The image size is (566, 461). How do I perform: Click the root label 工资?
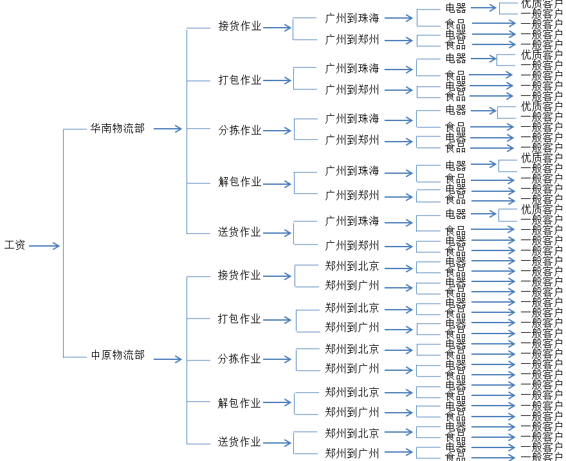15,245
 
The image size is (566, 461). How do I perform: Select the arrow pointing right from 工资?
44,245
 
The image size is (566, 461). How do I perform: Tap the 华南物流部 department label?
118,128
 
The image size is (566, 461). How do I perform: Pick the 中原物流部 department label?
118,355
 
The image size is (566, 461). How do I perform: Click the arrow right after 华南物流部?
168,129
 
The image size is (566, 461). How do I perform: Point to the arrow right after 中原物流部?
168,359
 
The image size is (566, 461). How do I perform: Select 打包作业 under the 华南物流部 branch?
240,80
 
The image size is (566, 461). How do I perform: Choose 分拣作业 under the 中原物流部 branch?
240,359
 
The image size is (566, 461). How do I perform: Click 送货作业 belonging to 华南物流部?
240,232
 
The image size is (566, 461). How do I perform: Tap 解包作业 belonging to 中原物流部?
240,403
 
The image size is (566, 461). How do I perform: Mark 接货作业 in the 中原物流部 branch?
240,276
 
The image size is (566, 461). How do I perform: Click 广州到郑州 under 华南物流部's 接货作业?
352,40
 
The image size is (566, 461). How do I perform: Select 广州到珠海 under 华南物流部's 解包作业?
352,171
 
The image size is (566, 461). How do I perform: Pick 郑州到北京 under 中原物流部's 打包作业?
352,308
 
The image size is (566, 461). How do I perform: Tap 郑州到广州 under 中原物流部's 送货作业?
352,453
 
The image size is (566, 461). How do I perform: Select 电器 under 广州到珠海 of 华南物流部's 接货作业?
456,8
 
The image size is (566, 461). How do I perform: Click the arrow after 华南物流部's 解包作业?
277,183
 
